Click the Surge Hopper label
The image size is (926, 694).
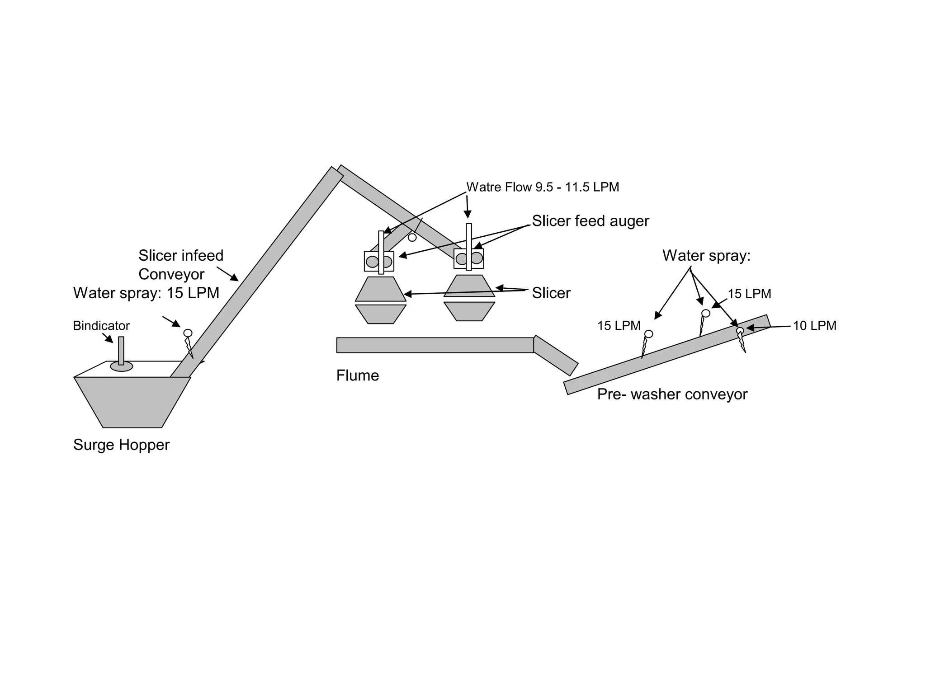121,445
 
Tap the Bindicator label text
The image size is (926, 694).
101,326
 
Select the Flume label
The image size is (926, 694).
357,375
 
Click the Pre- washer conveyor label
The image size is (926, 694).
672,394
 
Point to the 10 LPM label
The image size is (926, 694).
814,326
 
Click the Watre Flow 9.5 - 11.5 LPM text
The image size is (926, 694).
543,187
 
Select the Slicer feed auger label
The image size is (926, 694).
590,221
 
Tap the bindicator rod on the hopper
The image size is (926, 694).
121,350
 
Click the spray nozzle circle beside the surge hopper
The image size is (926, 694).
188,333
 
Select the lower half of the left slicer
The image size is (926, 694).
381,314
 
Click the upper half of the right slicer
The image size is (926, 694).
469,286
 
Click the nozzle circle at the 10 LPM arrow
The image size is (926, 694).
740,330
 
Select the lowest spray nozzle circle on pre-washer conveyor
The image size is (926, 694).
648,334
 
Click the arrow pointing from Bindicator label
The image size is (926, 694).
108,338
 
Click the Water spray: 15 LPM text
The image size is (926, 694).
146,293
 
